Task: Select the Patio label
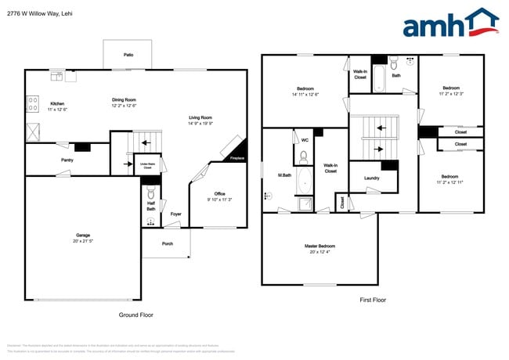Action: coord(128,55)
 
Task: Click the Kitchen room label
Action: coord(57,104)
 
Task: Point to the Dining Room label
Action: coord(124,99)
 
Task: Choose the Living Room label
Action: coord(200,118)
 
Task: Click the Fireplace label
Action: coord(236,159)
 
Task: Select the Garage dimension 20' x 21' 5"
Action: coord(82,241)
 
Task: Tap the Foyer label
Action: coord(176,214)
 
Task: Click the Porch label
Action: coord(168,243)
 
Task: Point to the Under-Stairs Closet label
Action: coord(146,166)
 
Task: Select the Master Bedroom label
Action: coord(319,247)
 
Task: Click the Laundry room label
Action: coord(372,178)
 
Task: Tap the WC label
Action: coord(304,140)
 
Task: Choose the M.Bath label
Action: coord(284,175)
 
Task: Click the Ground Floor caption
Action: coord(136,315)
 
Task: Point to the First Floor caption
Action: coord(373,300)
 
